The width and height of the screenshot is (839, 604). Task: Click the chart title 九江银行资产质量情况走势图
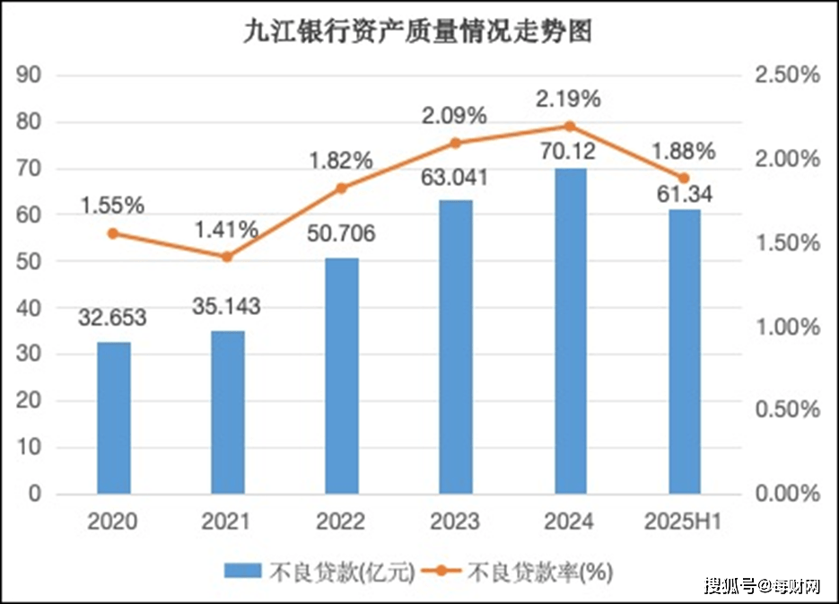coord(419,32)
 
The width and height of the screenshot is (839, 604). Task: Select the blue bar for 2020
coord(114,417)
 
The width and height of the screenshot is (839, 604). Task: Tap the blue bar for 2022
coord(342,375)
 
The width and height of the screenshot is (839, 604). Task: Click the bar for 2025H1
coord(684,351)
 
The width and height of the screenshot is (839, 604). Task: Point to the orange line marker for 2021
coord(227,257)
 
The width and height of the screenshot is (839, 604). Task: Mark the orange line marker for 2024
coord(570,127)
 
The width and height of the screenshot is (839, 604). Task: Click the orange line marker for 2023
coord(456,143)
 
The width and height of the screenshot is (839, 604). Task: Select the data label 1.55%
coord(112,206)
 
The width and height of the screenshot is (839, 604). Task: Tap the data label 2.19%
coord(567,98)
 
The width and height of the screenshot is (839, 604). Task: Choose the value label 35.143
coord(226,307)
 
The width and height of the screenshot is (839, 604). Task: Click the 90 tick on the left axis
coord(31,75)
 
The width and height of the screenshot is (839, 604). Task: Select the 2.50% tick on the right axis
coord(786,75)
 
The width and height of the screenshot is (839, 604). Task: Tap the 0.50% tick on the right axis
coord(786,410)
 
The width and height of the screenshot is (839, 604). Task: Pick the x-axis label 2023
coord(456,521)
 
